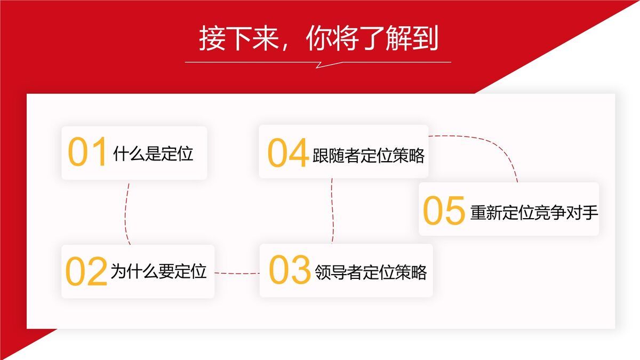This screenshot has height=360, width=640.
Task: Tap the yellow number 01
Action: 87,153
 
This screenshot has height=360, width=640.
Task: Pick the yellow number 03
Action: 290,270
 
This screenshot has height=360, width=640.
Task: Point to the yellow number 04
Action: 287,153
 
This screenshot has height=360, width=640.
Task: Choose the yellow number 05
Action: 444,211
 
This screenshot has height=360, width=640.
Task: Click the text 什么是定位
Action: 153,154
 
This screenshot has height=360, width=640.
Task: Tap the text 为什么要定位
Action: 158,271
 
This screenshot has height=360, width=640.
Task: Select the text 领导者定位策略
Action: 371,271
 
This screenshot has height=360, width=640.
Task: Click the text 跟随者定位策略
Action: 369,155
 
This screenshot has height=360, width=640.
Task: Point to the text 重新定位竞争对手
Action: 534,212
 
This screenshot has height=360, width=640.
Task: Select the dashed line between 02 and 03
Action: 237,274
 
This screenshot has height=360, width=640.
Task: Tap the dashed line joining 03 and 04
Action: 332,211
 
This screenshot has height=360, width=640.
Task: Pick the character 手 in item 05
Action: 590,212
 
